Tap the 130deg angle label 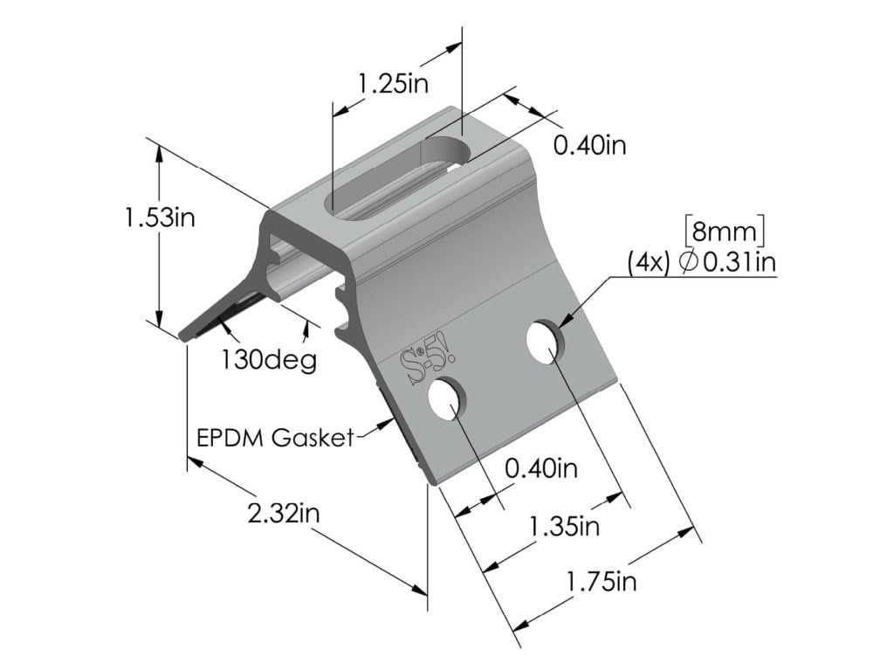click(x=269, y=359)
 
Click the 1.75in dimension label click(x=602, y=581)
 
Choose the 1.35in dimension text click(x=564, y=526)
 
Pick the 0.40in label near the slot click(x=590, y=144)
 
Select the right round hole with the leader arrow click(x=544, y=340)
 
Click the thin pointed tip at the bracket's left click(x=186, y=335)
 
